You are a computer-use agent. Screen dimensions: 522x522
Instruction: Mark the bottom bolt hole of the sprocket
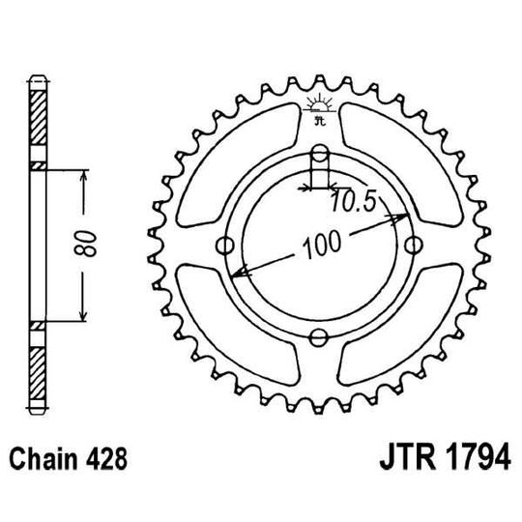click(x=319, y=335)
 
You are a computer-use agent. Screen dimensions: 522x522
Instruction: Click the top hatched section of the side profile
click(x=38, y=121)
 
